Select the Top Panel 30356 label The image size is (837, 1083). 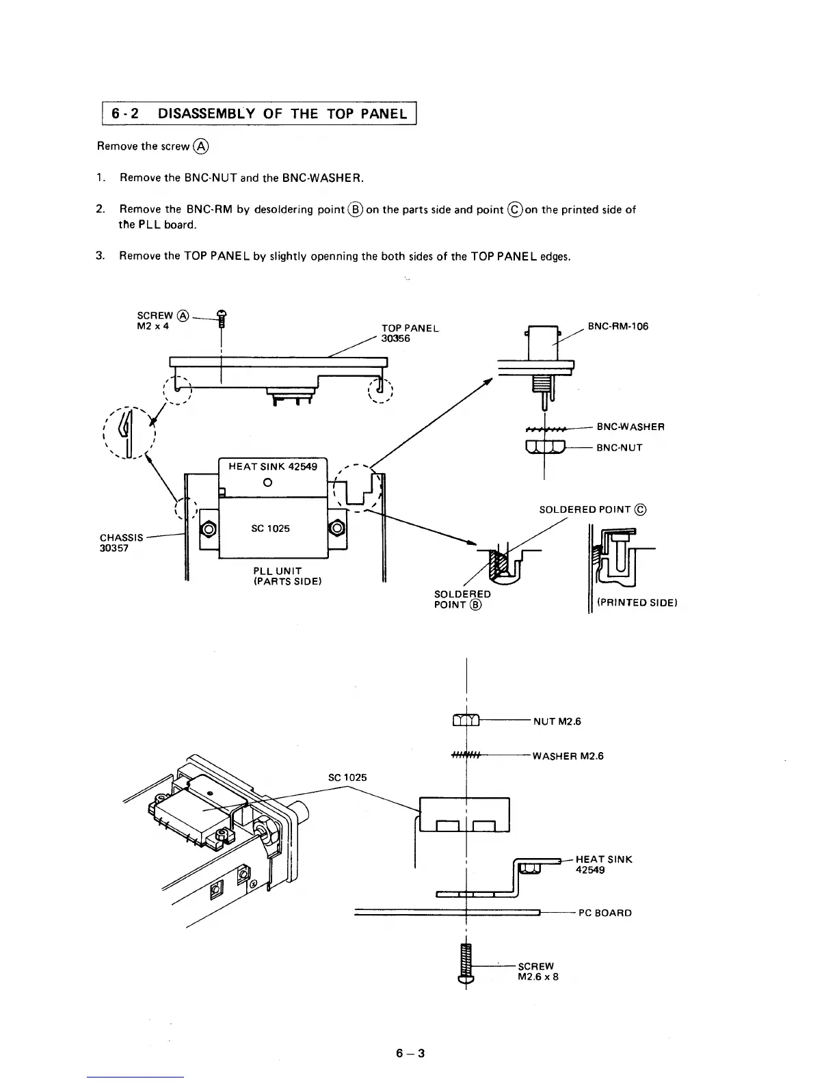tap(410, 333)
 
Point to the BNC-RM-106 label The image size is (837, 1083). tap(617, 326)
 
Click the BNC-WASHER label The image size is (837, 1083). tap(630, 427)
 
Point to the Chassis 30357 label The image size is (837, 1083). tap(121, 543)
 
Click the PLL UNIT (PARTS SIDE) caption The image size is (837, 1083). tap(287, 576)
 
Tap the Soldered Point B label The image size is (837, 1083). tap(462, 599)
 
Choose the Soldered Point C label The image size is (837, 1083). tap(592, 509)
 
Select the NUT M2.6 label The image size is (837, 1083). tap(557, 721)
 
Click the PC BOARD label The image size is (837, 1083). tap(604, 913)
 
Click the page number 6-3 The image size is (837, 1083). tap(410, 1053)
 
